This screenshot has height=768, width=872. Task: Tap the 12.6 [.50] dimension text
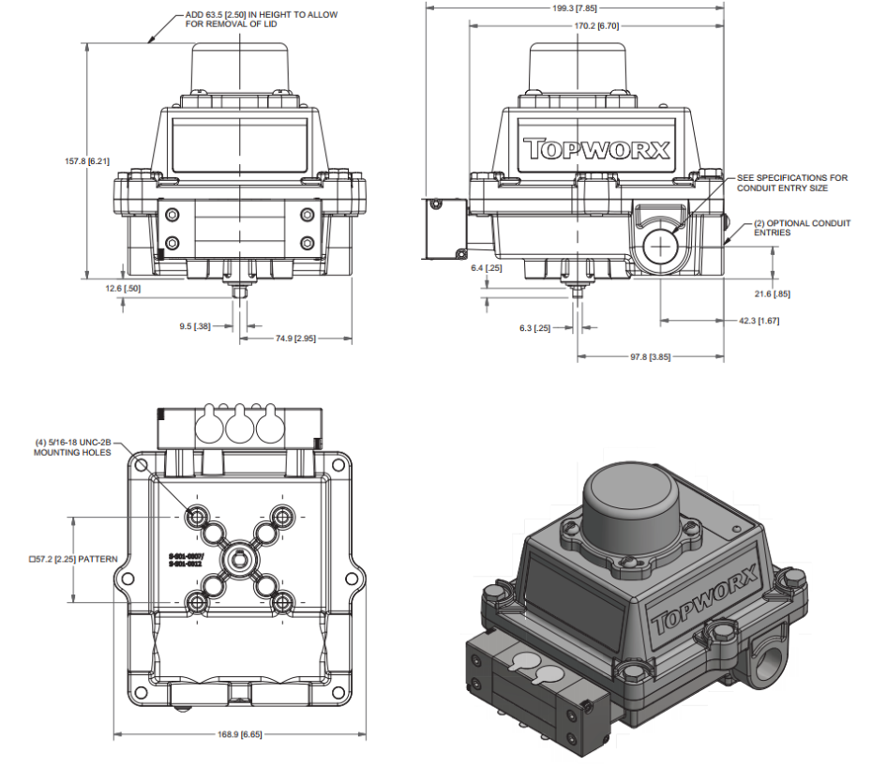[123, 288]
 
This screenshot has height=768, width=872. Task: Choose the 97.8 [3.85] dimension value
[650, 356]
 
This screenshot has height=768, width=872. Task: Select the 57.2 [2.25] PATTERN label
[73, 559]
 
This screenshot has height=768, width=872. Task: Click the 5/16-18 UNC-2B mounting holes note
[72, 446]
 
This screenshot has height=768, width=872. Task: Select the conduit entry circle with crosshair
[663, 246]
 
